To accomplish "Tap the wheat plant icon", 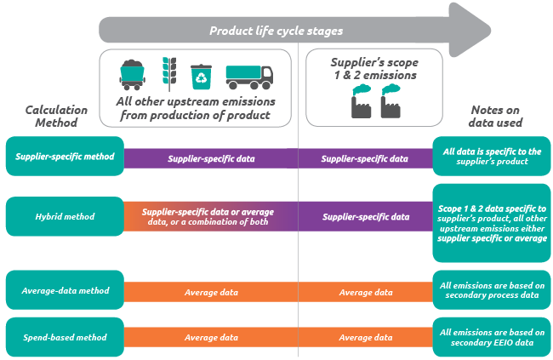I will [x=168, y=76].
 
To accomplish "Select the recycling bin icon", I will [x=202, y=76].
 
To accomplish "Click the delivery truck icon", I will [x=248, y=77].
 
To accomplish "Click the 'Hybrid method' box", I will [x=65, y=217].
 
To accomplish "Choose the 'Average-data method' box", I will [x=65, y=291].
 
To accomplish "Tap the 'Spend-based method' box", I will [x=65, y=337].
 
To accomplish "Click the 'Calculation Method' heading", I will [x=50, y=117].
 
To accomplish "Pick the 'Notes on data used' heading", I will [x=497, y=117].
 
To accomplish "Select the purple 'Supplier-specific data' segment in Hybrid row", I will [x=366, y=217].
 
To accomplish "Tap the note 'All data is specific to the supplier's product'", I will [x=492, y=157].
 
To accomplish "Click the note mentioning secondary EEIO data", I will [x=492, y=337].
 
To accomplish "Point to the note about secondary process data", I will [x=492, y=291].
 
